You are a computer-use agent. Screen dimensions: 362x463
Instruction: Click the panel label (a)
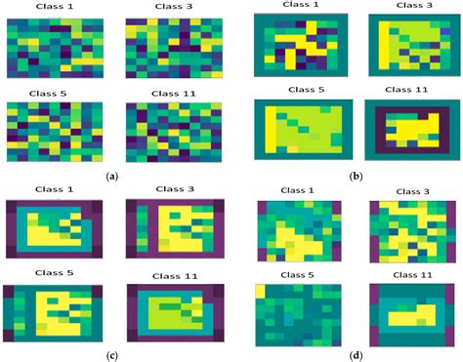pos(111,176)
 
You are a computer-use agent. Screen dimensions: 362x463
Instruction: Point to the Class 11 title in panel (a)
pos(172,94)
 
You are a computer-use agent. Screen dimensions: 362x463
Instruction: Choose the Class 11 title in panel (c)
pos(172,275)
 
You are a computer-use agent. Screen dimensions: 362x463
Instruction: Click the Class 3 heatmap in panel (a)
pos(173,51)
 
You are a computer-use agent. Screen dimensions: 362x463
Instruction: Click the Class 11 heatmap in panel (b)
pos(411,132)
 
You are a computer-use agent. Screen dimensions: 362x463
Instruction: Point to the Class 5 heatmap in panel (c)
pos(52,314)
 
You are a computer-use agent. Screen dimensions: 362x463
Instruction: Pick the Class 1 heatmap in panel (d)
pos(298,231)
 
